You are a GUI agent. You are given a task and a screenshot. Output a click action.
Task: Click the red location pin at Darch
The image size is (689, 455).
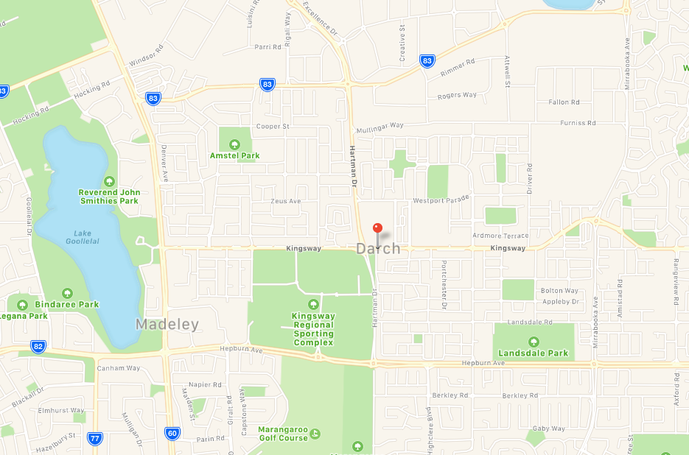[x=378, y=228]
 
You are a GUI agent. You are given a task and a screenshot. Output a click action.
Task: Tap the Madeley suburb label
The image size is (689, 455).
[x=167, y=325]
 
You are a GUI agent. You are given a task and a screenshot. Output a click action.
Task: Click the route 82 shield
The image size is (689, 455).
[x=38, y=345]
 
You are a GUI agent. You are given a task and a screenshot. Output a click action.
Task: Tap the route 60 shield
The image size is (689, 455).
[x=171, y=433]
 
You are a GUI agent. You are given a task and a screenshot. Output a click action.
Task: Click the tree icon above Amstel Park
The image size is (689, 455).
[x=234, y=144]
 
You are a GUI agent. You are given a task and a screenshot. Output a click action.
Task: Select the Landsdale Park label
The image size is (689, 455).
[x=534, y=353]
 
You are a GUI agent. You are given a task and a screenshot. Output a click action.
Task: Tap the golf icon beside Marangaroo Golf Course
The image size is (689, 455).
[x=315, y=433]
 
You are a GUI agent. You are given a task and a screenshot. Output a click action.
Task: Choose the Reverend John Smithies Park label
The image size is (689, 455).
[x=108, y=197]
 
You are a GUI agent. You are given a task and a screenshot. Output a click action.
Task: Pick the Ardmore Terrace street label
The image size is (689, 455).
[x=500, y=236]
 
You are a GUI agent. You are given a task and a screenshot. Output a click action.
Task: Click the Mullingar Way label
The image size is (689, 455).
[x=380, y=126]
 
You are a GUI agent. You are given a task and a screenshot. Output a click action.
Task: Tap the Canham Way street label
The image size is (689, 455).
[x=119, y=368]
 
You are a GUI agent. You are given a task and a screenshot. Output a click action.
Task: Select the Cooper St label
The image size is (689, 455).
[x=273, y=127]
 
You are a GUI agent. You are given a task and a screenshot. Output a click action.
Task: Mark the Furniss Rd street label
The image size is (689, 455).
[x=578, y=123]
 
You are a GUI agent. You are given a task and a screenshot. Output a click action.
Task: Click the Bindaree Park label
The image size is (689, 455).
[x=67, y=304]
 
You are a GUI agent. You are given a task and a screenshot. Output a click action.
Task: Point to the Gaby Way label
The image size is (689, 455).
[x=548, y=428]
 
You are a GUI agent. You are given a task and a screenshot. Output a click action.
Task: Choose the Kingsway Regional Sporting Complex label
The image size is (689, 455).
[x=313, y=329]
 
